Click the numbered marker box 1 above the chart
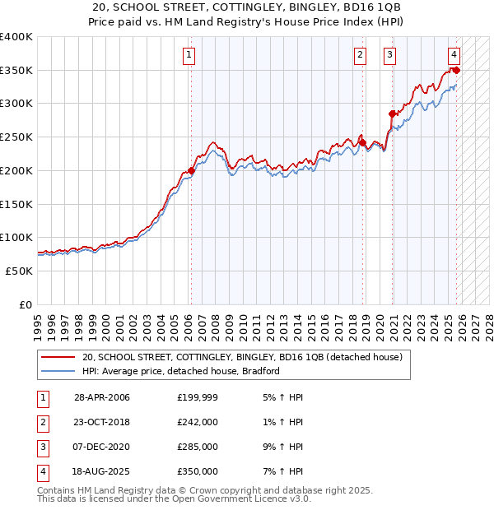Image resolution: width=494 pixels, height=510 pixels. tap(189, 55)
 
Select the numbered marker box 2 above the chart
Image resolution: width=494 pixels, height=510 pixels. tap(361, 55)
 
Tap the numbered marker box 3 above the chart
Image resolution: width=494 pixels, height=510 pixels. tap(389, 55)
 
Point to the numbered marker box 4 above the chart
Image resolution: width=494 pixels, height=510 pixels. tap(454, 55)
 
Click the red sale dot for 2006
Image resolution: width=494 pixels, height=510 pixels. tap(191, 170)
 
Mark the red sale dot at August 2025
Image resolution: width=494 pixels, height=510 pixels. tap(457, 71)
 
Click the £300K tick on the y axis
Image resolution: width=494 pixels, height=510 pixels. tap(17, 104)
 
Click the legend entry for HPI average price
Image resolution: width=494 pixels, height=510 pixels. tap(181, 371)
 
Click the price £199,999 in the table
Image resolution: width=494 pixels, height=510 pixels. tap(198, 397)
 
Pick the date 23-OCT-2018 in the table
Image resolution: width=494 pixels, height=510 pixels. tap(102, 422)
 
